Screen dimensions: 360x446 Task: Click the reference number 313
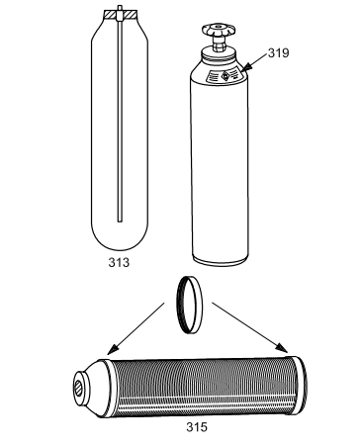119,263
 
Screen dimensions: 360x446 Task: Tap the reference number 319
278,52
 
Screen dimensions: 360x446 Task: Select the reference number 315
197,427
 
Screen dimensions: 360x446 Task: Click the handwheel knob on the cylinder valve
219,30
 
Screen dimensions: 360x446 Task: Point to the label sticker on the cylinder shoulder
226,76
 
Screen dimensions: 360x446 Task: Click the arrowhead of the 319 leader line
246,67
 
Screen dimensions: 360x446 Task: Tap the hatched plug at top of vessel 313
120,14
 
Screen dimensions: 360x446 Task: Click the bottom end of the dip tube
120,222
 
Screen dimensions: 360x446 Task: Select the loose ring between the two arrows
190,305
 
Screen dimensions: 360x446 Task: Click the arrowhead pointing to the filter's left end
113,349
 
